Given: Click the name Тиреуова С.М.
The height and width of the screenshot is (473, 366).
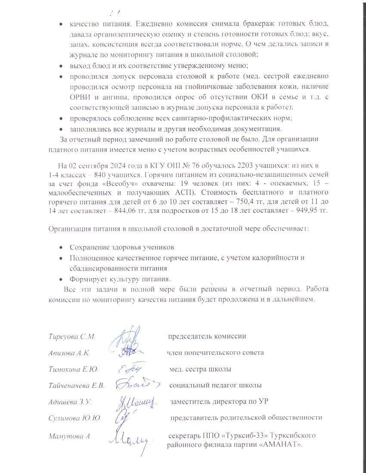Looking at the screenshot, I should click(x=72, y=337).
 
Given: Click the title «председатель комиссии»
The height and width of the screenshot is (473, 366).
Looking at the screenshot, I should click(x=207, y=336).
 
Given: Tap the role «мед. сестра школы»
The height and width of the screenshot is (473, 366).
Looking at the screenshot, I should click(x=200, y=369).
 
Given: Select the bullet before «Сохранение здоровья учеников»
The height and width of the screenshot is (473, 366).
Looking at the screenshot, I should click(x=61, y=248).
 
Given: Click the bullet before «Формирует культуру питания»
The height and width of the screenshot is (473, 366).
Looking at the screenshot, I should click(x=61, y=278).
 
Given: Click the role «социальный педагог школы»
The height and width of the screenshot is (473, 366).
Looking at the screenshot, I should click(x=215, y=385).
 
